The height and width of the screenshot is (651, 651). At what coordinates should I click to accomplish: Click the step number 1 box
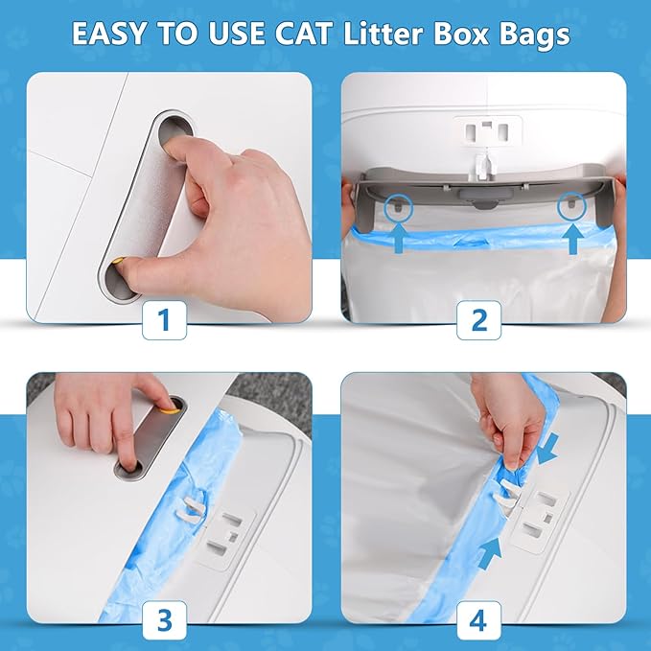[x=165, y=321]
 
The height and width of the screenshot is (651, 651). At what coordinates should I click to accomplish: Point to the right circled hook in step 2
[x=572, y=205]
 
